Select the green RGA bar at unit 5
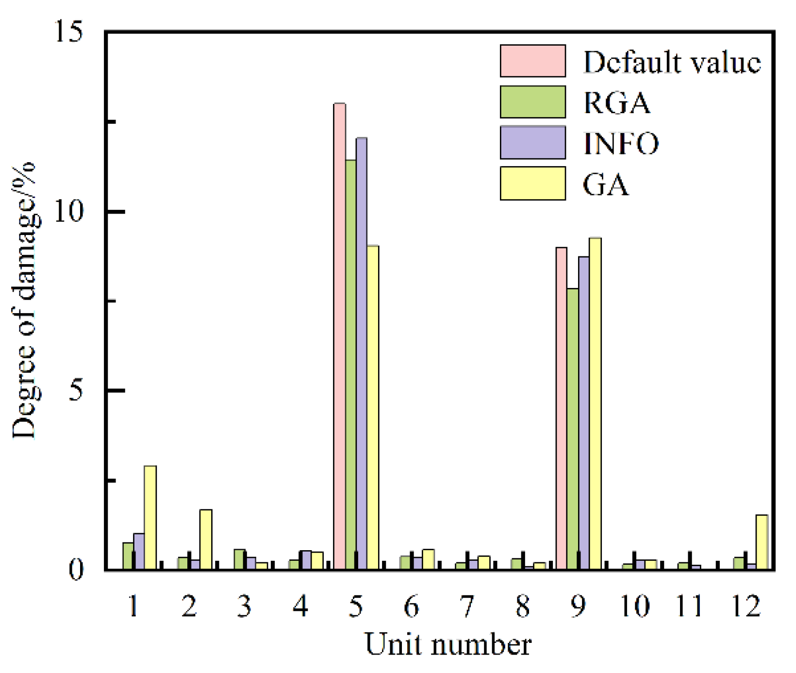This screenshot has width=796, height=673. tap(350, 364)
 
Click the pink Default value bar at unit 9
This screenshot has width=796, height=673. tap(562, 408)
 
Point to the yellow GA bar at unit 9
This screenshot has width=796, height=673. tap(595, 403)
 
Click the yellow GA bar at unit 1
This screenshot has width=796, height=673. tap(150, 517)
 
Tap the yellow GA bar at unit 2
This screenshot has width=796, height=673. tap(206, 539)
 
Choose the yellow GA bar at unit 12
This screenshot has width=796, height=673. tap(762, 541)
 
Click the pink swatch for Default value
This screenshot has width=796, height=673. tap(532, 61)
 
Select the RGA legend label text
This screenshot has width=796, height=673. tap(616, 102)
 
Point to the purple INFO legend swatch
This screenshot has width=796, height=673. tap(532, 143)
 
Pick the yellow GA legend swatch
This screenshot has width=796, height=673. tap(532, 184)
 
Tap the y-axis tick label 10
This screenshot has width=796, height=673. tap(68, 212)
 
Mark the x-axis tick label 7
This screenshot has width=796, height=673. tap(467, 606)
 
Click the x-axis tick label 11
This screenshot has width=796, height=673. tap(689, 606)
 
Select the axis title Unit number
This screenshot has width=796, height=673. tap(448, 645)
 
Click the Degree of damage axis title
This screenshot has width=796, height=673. tap(24, 301)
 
